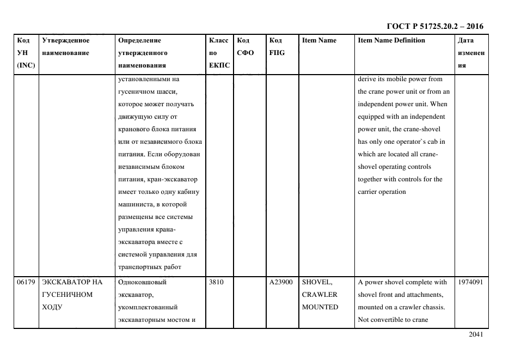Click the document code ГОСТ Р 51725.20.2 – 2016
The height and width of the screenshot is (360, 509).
pyautogui.click(x=434, y=26)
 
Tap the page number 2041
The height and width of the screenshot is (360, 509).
pyautogui.click(x=476, y=334)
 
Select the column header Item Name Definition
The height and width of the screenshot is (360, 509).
pyautogui.click(x=391, y=40)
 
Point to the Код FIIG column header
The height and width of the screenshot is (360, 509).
pyautogui.click(x=277, y=46)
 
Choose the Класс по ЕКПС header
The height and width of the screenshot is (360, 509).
pyautogui.click(x=219, y=53)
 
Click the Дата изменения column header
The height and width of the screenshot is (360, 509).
pyautogui.click(x=471, y=53)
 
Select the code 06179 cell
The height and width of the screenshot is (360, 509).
pyautogui.click(x=26, y=282)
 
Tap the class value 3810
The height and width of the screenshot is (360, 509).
pyautogui.click(x=216, y=282)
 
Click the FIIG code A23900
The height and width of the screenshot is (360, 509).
pyautogui.click(x=281, y=282)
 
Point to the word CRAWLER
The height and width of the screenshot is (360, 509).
pyautogui.click(x=320, y=295)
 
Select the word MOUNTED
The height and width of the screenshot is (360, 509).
pyautogui.click(x=320, y=307)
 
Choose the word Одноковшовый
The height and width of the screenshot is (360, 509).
pyautogui.click(x=142, y=282)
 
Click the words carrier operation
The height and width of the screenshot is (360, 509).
pyautogui.click(x=382, y=192)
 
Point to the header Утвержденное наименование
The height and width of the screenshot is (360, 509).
pyautogui.click(x=65, y=46)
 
